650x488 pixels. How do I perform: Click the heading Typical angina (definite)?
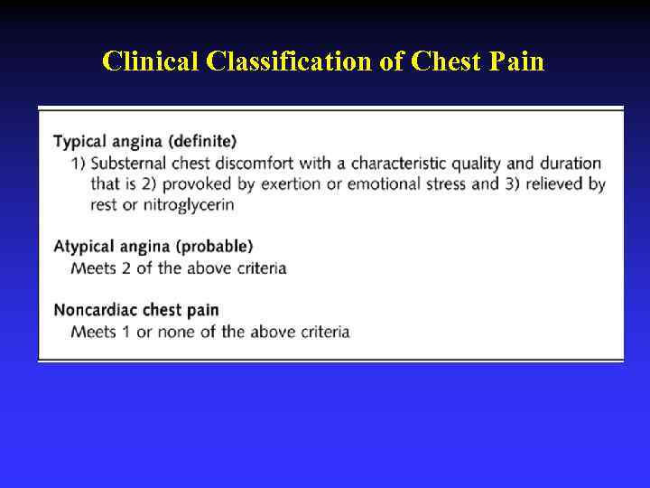coord(144,141)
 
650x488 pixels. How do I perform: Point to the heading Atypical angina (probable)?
coord(153,246)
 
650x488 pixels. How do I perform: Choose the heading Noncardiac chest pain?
coord(135,310)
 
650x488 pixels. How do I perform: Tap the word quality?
coord(479,164)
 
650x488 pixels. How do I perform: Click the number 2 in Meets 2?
coord(125,267)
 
